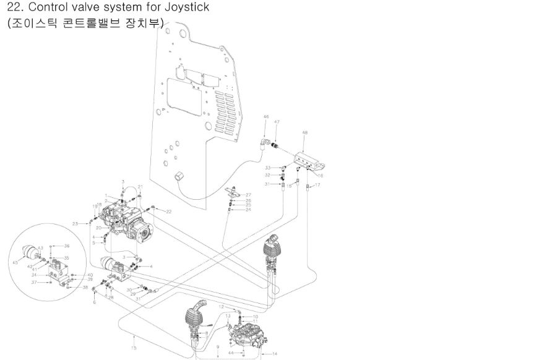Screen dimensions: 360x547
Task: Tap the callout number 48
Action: [304, 133]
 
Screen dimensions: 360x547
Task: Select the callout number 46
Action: [266, 117]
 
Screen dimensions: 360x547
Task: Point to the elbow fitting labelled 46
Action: [265, 144]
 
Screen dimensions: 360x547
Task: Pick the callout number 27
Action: [248, 195]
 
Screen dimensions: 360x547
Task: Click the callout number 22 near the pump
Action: [168, 212]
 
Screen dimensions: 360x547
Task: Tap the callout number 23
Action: [75, 223]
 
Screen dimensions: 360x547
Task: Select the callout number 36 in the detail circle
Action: [66, 246]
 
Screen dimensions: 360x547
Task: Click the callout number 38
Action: [85, 288]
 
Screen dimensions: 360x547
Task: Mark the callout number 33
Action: [268, 168]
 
